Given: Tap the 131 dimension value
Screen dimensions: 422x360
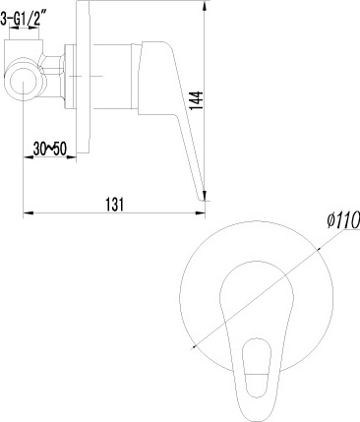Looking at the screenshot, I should coord(115,204).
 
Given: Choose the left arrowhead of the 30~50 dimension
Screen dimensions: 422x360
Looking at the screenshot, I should coord(24,155).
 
